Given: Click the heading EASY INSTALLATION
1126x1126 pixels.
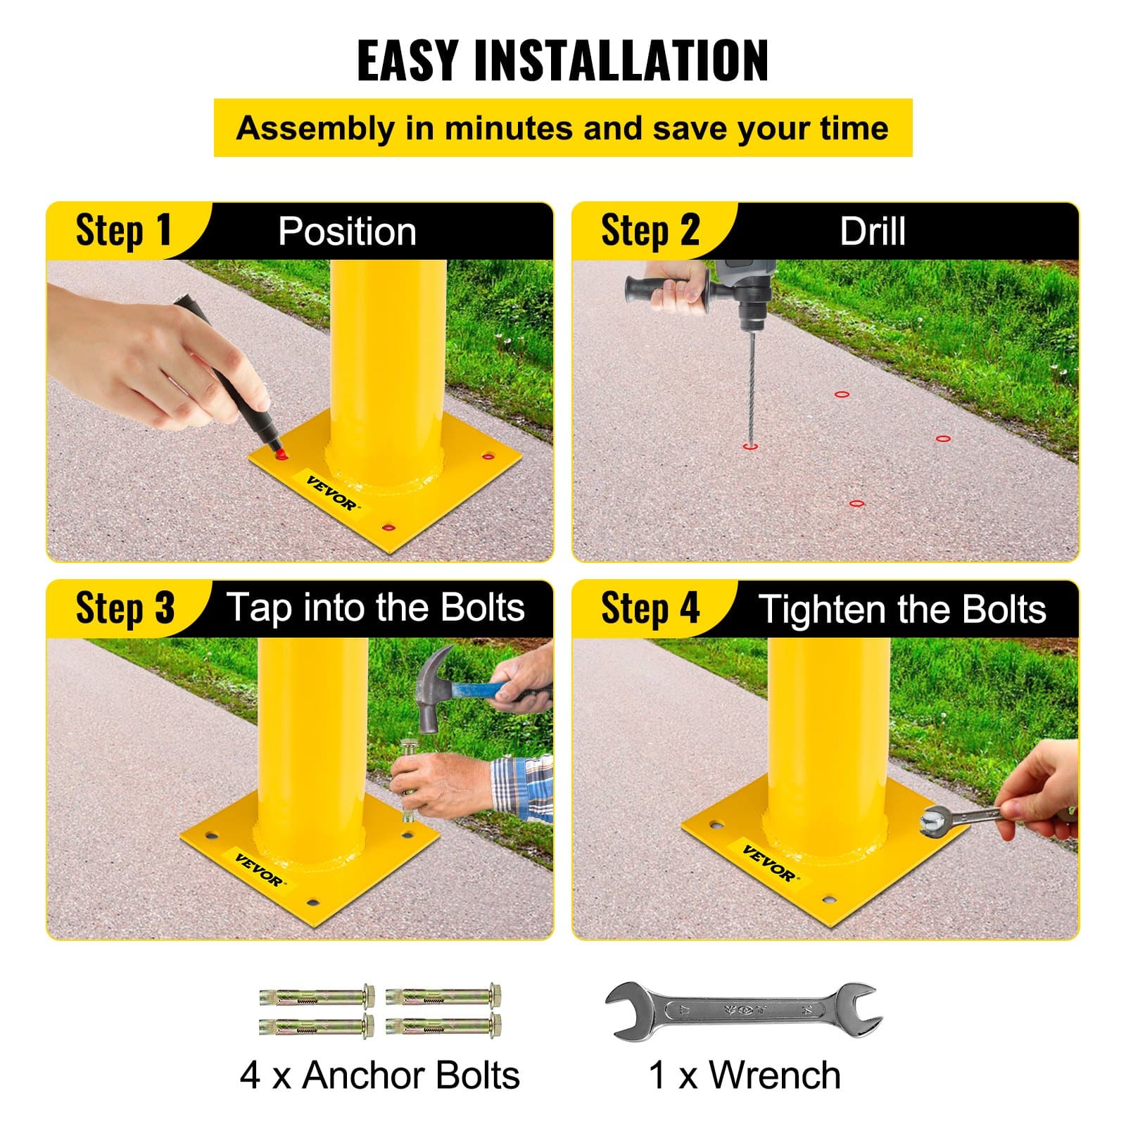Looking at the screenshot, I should coord(562,61).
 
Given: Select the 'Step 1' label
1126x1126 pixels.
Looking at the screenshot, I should coord(123,231).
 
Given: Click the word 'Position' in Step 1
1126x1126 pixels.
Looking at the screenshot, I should coord(347,232).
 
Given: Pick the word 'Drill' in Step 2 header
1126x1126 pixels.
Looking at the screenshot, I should coord(872,232).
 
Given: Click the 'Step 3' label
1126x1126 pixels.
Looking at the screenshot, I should coord(125,608).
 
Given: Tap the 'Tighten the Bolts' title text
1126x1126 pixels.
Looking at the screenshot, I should coord(902,609).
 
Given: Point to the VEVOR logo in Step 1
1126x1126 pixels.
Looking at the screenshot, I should coord(332,493).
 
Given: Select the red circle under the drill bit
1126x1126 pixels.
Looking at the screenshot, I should coord(750,446).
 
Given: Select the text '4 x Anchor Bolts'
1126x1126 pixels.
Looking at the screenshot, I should coord(379,1075).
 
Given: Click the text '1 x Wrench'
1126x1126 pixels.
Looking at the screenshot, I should coord(744,1075).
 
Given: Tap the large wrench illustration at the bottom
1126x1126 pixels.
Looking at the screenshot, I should coord(743,1011).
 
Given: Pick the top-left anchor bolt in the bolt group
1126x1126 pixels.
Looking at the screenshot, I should coord(316,996).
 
